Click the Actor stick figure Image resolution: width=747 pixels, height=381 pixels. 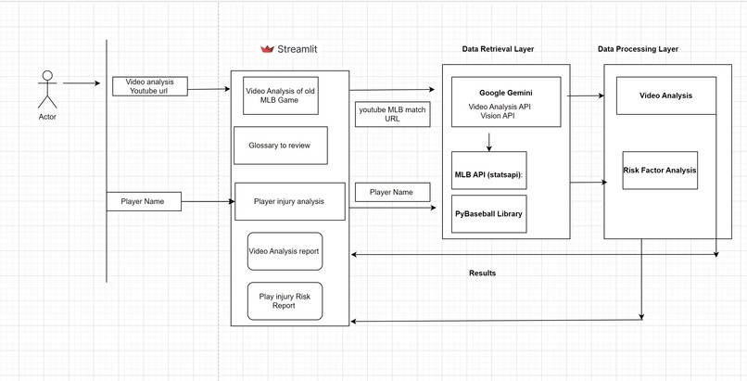(x=46, y=89)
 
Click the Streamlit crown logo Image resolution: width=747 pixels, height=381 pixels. (x=268, y=49)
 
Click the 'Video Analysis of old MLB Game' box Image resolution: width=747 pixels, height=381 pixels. (x=274, y=95)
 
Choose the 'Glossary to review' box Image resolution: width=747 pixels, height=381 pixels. (x=280, y=146)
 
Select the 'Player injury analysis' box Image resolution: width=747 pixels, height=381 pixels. (x=289, y=201)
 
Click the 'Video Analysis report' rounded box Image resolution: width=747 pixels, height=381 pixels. (x=285, y=251)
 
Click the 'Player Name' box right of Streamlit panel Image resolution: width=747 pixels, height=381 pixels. (x=392, y=193)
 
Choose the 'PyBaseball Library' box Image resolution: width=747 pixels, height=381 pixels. (x=488, y=214)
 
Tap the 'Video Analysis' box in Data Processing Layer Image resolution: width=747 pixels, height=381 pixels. (x=665, y=95)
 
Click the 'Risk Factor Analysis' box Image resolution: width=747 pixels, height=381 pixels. (x=660, y=171)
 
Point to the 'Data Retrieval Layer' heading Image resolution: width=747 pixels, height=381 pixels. (x=498, y=49)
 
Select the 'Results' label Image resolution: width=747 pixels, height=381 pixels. (x=482, y=273)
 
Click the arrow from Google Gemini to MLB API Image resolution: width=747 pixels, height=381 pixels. (x=489, y=141)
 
